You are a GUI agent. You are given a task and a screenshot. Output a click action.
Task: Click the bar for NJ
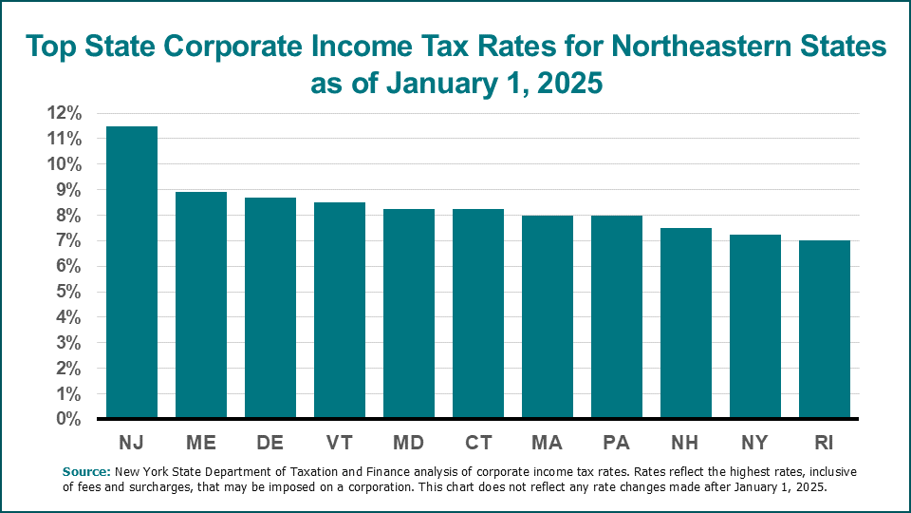click(x=132, y=273)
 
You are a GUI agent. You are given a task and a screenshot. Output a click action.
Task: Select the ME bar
click(x=201, y=305)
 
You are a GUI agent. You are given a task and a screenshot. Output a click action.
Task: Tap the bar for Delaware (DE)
click(x=270, y=308)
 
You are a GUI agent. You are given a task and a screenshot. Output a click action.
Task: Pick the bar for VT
click(x=340, y=311)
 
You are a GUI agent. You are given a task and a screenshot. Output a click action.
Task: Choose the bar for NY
click(x=755, y=327)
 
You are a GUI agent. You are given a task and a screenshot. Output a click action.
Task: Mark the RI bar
click(x=825, y=330)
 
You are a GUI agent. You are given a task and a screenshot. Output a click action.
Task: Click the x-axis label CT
click(x=478, y=444)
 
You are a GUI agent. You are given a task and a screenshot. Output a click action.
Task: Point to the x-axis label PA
click(x=617, y=444)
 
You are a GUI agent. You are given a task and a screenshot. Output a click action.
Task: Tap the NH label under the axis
click(x=686, y=444)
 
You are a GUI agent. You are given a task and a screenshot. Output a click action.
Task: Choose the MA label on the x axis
click(x=548, y=444)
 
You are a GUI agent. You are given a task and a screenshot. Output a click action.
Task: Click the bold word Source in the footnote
click(x=86, y=471)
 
